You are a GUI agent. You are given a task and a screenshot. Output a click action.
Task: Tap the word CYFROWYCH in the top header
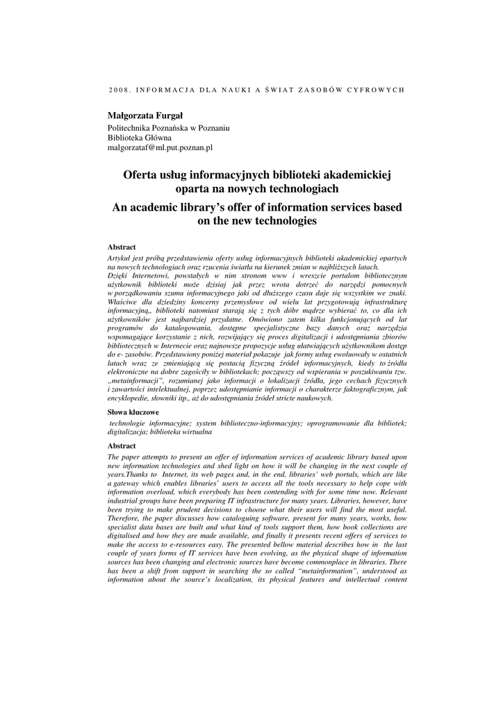point(374,90)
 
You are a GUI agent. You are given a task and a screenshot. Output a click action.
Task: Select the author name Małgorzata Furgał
point(145,115)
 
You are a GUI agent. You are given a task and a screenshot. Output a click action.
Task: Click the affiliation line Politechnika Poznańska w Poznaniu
point(168,128)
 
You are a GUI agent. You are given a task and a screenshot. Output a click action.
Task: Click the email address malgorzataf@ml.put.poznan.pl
point(160,147)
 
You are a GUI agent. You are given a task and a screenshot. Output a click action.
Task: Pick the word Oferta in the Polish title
point(140,175)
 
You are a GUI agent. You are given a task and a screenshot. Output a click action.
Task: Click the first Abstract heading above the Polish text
point(122,247)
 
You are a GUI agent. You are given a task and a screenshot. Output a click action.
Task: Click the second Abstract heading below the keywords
point(122,446)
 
